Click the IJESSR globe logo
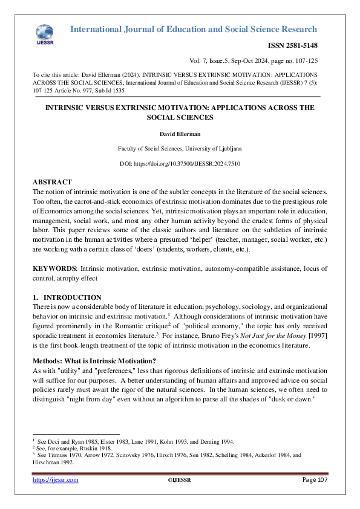pos(44,33)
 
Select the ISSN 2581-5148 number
pos(293,46)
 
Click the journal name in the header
pos(194,29)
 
